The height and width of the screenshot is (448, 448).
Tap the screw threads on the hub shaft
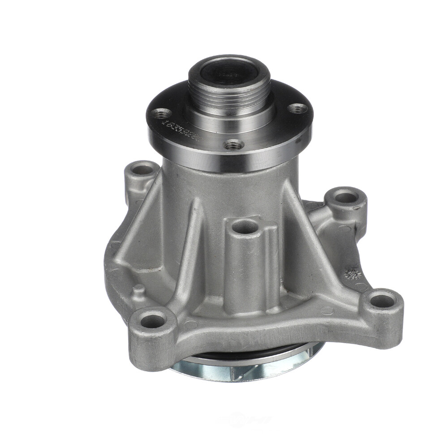click(x=228, y=91)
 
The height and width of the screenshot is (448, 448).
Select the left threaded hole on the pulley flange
click(x=162, y=113)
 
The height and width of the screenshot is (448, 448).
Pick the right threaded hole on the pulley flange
click(x=297, y=108)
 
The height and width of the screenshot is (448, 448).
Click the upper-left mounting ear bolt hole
click(x=143, y=170)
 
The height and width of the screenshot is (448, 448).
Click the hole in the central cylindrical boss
click(x=246, y=227)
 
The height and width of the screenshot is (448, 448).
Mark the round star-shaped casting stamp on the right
click(x=353, y=274)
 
